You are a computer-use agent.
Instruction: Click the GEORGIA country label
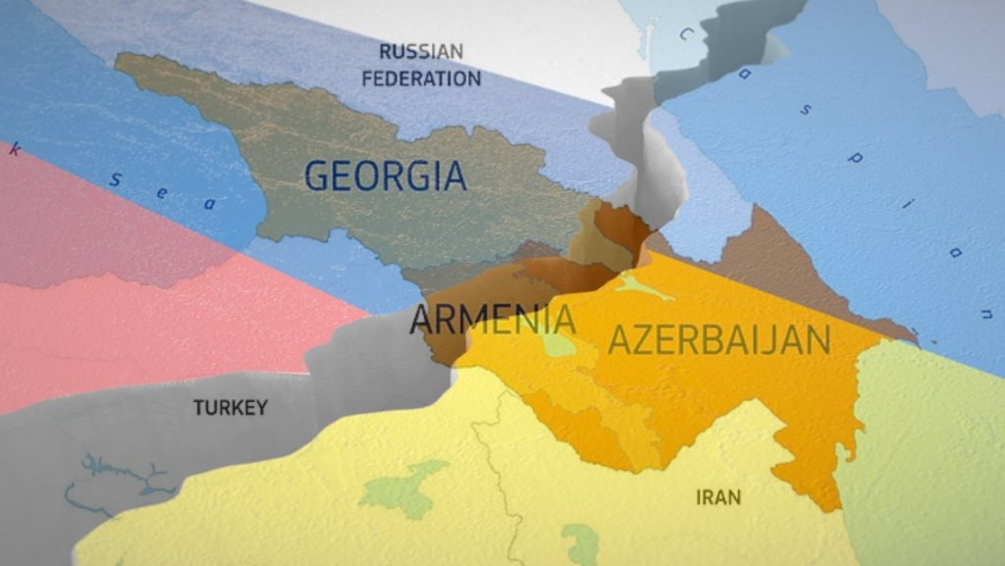[x=385, y=176]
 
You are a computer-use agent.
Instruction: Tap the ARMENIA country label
[x=493, y=320]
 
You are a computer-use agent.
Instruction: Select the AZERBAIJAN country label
[x=719, y=339]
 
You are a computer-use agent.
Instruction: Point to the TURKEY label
[x=230, y=407]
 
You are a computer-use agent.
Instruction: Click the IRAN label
[x=718, y=497]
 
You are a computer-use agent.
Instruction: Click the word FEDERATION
[x=421, y=78]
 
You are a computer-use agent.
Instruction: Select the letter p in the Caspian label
[x=853, y=157]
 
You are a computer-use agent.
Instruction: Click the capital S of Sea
[x=116, y=180]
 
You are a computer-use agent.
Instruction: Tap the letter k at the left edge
[x=13, y=151]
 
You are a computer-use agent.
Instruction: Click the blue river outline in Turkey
[x=118, y=477]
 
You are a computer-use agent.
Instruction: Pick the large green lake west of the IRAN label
[x=403, y=487]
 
